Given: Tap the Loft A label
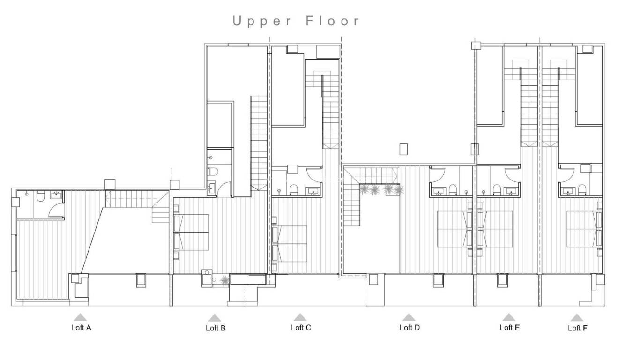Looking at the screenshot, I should tap(81, 328).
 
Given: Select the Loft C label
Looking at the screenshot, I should tap(301, 327).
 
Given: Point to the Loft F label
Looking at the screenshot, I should tap(577, 328).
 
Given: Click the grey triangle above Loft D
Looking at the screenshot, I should tap(409, 317).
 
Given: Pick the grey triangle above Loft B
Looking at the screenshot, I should tap(215, 318).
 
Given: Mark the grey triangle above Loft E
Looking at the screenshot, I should tap(509, 317).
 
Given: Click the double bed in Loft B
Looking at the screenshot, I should tap(192, 232).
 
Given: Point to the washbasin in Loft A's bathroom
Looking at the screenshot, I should tap(57, 194).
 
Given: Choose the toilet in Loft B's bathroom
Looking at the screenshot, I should tap(212, 171).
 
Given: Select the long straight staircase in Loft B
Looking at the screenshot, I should tap(258, 141).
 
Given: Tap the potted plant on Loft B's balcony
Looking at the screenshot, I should tap(225, 280).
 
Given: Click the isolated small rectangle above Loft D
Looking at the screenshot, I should tap(404, 149).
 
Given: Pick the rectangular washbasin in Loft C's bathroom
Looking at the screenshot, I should tap(313, 191).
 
